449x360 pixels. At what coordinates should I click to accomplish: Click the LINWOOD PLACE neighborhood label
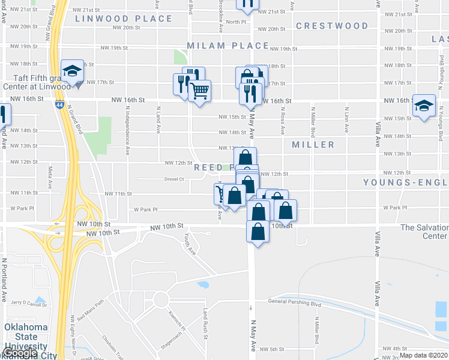click(x=124, y=19)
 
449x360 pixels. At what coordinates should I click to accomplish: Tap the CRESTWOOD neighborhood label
click(x=332, y=26)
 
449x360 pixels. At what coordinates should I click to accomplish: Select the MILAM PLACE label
click(x=228, y=46)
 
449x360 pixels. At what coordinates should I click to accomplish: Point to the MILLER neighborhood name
click(x=313, y=145)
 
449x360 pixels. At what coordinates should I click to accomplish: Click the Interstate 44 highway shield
click(x=59, y=104)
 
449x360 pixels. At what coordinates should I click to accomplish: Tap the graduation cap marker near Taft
click(x=72, y=70)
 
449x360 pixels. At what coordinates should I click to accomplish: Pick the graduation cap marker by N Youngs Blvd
click(x=424, y=106)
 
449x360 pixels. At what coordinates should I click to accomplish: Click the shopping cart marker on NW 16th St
click(x=200, y=91)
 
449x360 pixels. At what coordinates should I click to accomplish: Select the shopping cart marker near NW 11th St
click(x=222, y=193)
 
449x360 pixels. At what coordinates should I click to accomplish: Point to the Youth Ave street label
click(x=190, y=244)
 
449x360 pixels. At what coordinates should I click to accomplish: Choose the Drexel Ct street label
click(x=174, y=179)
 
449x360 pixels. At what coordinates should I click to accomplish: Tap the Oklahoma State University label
click(x=26, y=337)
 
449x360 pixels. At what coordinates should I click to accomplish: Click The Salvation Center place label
click(x=424, y=232)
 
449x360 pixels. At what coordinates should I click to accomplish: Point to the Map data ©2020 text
click(x=423, y=355)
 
